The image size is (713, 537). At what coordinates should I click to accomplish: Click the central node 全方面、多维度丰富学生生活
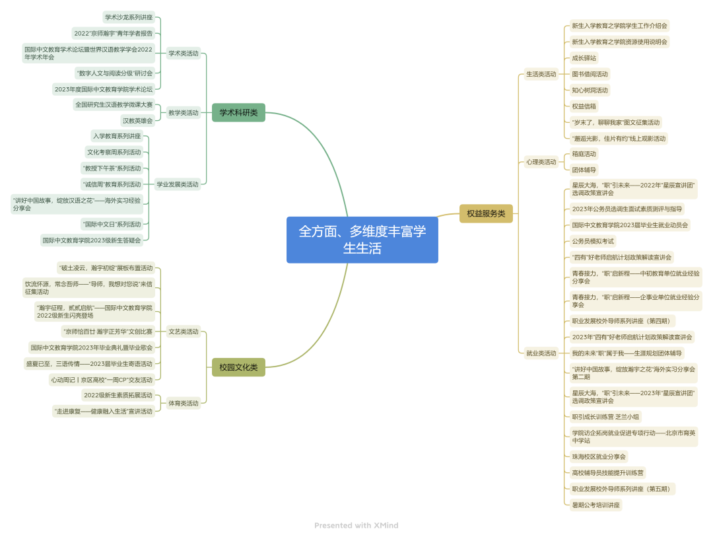point(362,240)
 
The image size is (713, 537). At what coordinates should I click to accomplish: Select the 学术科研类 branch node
point(238,113)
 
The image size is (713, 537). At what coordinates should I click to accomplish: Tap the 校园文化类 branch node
point(238,367)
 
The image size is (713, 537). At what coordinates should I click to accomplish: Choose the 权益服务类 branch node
point(486,213)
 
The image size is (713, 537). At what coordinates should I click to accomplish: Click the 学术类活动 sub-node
point(184,54)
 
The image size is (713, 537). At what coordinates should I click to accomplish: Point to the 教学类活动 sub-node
point(184,113)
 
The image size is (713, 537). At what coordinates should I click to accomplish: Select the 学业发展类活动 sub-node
point(177,184)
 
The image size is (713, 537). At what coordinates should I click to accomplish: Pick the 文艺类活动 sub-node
point(184,332)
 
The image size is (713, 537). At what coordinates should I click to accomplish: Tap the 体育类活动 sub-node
point(184,403)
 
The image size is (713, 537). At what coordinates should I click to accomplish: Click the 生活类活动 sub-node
point(541,74)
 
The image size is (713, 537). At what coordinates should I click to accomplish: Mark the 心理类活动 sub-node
point(541,162)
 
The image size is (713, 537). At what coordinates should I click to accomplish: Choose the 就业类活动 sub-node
point(541,353)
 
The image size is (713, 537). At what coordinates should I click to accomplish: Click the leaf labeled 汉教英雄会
point(137,121)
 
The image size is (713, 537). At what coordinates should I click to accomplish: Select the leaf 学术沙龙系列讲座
point(129,17)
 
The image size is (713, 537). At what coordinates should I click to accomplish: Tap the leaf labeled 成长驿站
point(584,58)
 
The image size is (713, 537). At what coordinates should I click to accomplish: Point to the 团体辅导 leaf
point(584,170)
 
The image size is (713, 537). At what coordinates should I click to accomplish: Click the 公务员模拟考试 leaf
point(593,241)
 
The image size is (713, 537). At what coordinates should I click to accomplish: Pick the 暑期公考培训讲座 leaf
point(596,505)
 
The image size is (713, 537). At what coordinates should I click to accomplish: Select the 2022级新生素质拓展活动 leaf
point(118,395)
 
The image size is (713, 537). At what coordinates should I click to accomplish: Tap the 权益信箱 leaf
point(584,106)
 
